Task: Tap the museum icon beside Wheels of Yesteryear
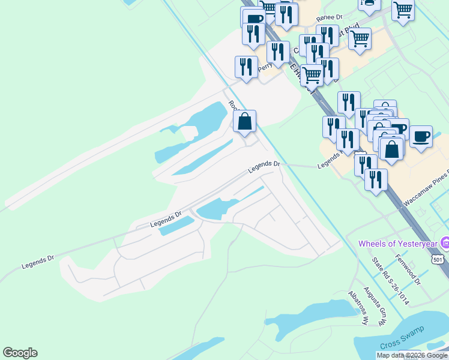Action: click(x=445, y=244)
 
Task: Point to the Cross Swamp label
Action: click(x=402, y=338)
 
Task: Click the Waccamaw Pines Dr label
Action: click(x=426, y=191)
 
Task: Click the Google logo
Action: click(x=20, y=353)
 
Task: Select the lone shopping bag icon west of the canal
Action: click(x=245, y=121)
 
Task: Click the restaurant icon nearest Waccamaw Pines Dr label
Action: click(x=376, y=179)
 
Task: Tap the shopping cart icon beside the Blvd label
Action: click(x=360, y=38)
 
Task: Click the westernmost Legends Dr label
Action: click(x=38, y=261)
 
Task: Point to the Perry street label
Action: click(x=265, y=68)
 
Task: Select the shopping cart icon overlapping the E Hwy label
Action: click(x=312, y=74)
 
